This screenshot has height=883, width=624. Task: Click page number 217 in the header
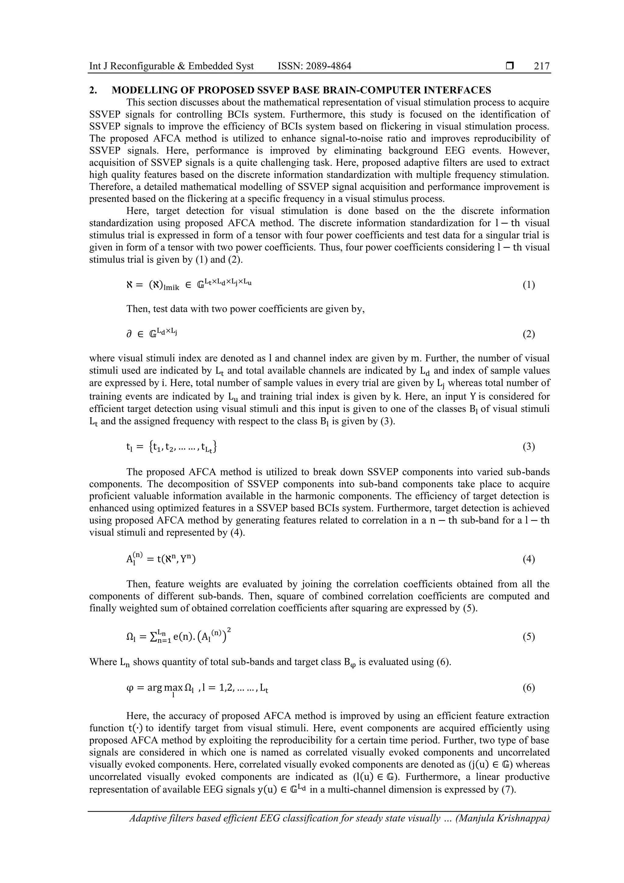[x=542, y=66]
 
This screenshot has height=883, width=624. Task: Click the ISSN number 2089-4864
[x=329, y=66]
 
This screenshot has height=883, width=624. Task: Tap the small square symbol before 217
[x=509, y=66]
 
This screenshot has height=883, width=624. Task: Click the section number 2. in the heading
[x=93, y=91]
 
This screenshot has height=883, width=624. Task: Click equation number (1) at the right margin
[x=529, y=285]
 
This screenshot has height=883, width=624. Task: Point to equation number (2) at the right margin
[x=529, y=334]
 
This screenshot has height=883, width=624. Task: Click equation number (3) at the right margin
[x=529, y=447]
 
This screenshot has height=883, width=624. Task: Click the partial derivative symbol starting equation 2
[x=129, y=334]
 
